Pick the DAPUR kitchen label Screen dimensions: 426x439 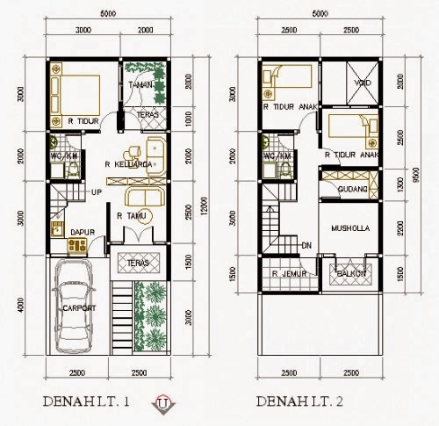pos(83,233)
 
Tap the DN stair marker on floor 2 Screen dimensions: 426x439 pos(307,246)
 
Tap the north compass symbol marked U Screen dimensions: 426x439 pos(162,404)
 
